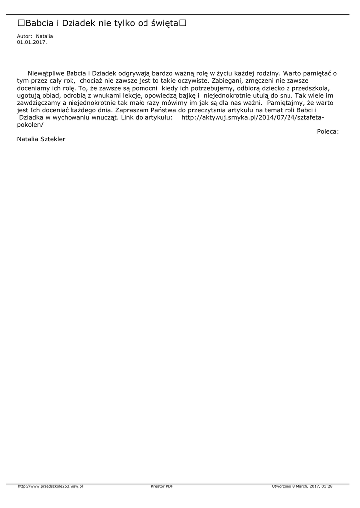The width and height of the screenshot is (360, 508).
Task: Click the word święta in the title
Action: pyautogui.click(x=164, y=24)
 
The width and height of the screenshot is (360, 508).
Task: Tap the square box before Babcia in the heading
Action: pyautogui.click(x=21, y=23)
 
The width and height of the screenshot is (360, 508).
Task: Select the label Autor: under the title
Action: pyautogui.click(x=25, y=36)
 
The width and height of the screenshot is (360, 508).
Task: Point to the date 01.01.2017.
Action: pyautogui.click(x=32, y=42)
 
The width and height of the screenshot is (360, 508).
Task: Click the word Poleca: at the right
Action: pyautogui.click(x=328, y=131)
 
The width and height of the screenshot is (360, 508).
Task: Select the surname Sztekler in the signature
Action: pyautogui.click(x=53, y=139)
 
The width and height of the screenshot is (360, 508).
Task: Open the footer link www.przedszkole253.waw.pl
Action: pyautogui.click(x=50, y=486)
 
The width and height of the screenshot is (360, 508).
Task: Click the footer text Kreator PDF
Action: pyautogui.click(x=162, y=486)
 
